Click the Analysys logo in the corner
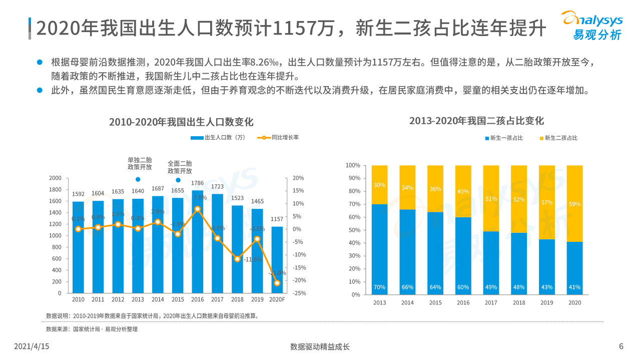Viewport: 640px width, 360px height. point(592,25)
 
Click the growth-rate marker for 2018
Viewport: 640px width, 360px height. point(237,259)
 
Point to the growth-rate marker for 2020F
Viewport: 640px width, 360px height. point(277,283)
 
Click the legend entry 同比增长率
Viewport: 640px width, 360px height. point(278,138)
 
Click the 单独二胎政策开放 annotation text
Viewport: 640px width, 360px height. point(140,163)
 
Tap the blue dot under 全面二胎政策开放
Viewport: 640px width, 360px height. point(178,180)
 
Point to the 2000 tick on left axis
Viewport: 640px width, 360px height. point(55,178)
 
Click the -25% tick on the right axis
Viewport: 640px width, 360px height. point(298,293)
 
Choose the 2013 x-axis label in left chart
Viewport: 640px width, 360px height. point(138,299)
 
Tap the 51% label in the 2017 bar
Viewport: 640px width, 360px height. point(491,199)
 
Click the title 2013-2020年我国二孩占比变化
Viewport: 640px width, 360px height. point(476,121)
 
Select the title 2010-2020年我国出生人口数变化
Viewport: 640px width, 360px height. point(182,122)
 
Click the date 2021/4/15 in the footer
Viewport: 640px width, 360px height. point(32,346)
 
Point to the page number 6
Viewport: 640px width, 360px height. point(621,346)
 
